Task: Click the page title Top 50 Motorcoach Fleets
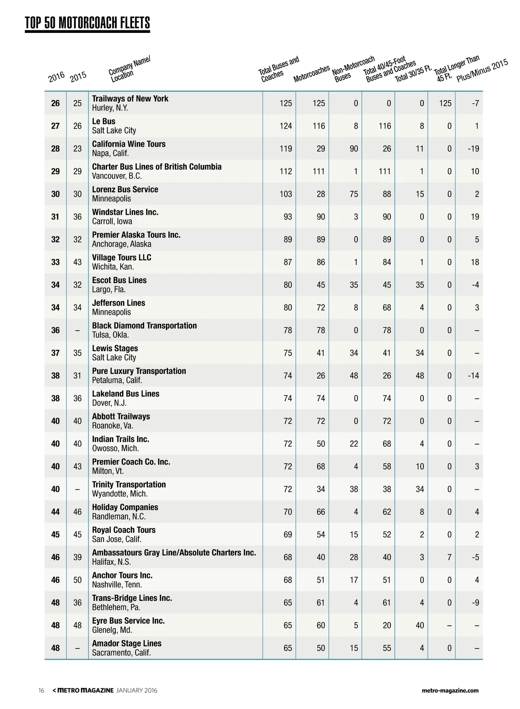click(x=87, y=23)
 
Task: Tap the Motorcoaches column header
click(x=312, y=74)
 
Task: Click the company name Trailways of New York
click(x=130, y=99)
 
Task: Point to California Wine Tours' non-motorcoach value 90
click(x=354, y=149)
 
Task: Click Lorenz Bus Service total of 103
click(x=286, y=194)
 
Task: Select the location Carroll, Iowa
click(x=112, y=222)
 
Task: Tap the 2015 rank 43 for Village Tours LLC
click(x=77, y=262)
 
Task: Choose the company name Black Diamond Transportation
click(x=144, y=325)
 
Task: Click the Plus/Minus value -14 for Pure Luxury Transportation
click(x=473, y=376)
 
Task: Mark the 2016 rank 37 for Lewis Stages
click(x=55, y=353)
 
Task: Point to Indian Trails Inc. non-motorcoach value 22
click(x=354, y=444)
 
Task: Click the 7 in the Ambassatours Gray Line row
click(x=449, y=558)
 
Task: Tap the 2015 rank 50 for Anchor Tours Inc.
click(x=77, y=580)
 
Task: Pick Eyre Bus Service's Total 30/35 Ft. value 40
click(x=419, y=625)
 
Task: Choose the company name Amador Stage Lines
click(x=127, y=644)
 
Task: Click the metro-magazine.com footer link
click(x=450, y=690)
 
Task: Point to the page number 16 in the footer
click(x=41, y=690)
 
